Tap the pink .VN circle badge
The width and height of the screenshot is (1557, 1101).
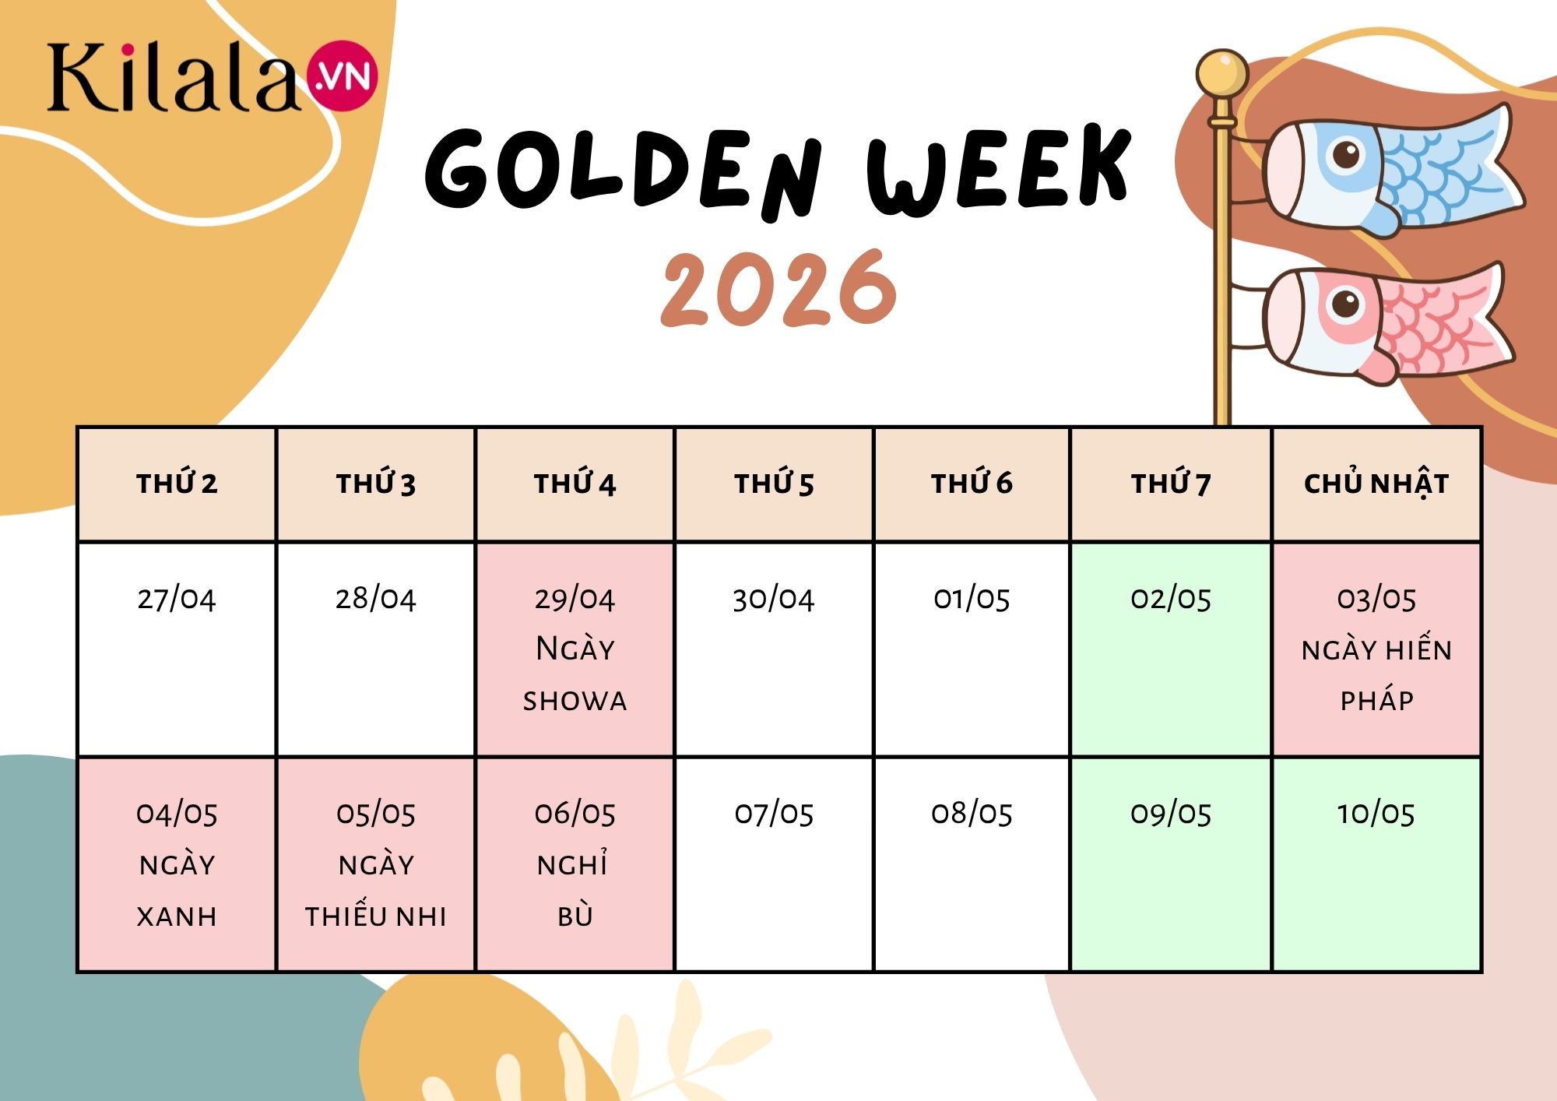[x=343, y=76]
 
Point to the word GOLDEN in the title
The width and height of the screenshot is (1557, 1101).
[x=623, y=171]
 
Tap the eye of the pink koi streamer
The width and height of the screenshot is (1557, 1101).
[x=1345, y=302]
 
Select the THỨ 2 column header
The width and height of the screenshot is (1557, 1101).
[x=177, y=484]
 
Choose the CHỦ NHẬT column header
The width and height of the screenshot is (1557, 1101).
[x=1376, y=484]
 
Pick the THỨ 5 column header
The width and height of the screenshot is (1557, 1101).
[x=774, y=484]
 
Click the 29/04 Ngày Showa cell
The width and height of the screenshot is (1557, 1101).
[x=575, y=649]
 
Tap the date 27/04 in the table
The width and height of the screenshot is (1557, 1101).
[x=177, y=599]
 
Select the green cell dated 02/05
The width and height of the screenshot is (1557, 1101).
[x=1171, y=649]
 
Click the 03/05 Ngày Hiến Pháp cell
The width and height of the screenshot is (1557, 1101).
[x=1376, y=649]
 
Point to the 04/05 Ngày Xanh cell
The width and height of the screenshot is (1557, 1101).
[x=177, y=864]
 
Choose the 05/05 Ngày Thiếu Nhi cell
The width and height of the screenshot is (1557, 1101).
[x=376, y=864]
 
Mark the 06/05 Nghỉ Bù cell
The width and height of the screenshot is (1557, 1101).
[x=575, y=864]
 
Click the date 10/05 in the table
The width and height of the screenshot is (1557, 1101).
[x=1376, y=814]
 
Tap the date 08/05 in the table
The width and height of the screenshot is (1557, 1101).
[x=972, y=814]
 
